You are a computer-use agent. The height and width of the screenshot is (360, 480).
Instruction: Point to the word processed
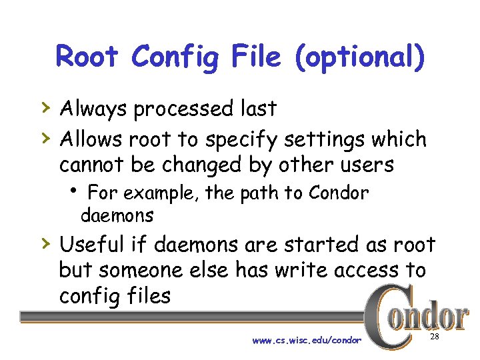click(188, 109)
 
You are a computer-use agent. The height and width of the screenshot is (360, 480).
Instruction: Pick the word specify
click(242, 140)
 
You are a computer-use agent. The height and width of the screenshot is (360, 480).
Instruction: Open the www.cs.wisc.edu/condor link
click(307, 341)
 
